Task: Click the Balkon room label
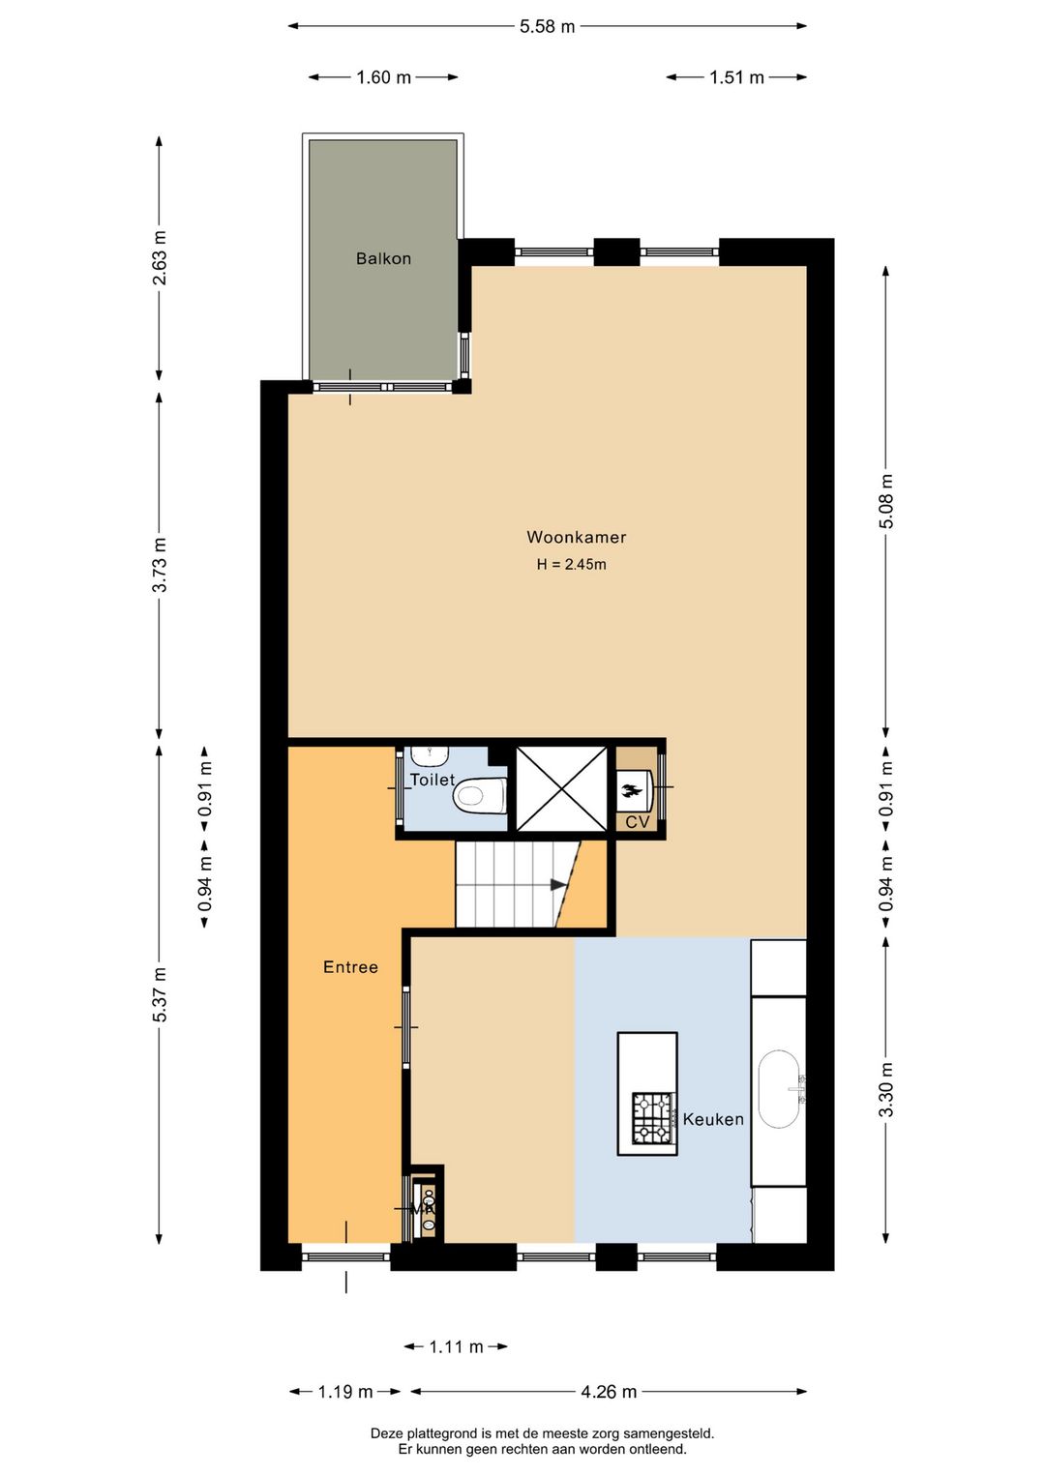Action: pyautogui.click(x=383, y=258)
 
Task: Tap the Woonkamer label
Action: pyautogui.click(x=576, y=537)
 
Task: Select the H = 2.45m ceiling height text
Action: pyautogui.click(x=571, y=564)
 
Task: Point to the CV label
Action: pyautogui.click(x=637, y=822)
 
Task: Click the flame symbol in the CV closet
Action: pyautogui.click(x=632, y=790)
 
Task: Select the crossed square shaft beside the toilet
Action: pyautogui.click(x=561, y=788)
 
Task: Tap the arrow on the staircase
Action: pyautogui.click(x=558, y=885)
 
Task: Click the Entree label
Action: pyautogui.click(x=350, y=967)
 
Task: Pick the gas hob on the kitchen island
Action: pyautogui.click(x=653, y=1117)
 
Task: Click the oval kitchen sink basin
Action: pyautogui.click(x=778, y=1089)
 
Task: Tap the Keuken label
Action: pyautogui.click(x=713, y=1119)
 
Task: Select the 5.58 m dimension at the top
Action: pyautogui.click(x=547, y=26)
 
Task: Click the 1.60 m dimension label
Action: pyautogui.click(x=383, y=77)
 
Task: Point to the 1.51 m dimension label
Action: pyautogui.click(x=736, y=77)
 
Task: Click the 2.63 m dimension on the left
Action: pyautogui.click(x=160, y=258)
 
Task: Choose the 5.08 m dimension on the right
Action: pyautogui.click(x=886, y=502)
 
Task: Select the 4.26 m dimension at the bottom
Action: pyautogui.click(x=609, y=1392)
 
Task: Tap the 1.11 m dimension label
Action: pyautogui.click(x=456, y=1346)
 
